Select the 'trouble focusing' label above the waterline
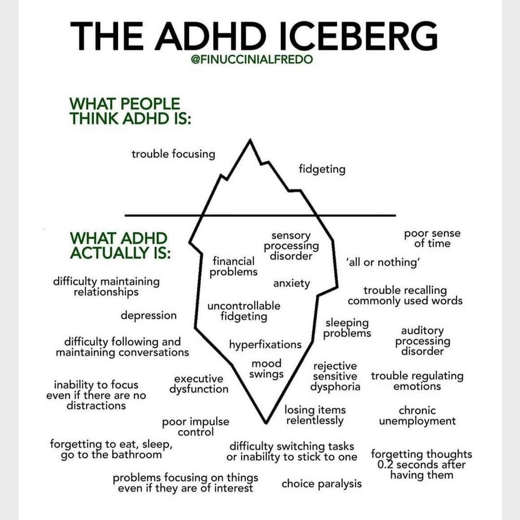coord(173,154)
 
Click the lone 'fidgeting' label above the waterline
coord(322,169)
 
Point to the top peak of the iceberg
coord(250,140)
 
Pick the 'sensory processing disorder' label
coord(291,246)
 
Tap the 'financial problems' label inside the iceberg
coord(234,266)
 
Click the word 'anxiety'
coord(292,284)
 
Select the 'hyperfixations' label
coord(265,345)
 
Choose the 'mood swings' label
coord(266,369)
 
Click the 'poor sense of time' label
coord(432,238)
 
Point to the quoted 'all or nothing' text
coord(384,262)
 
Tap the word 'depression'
coord(149,316)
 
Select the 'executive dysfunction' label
coord(199,384)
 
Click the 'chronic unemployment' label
coord(417,416)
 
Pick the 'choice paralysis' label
coord(322,483)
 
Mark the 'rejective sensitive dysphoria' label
coord(335,377)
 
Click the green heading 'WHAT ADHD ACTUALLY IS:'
coord(120,246)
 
